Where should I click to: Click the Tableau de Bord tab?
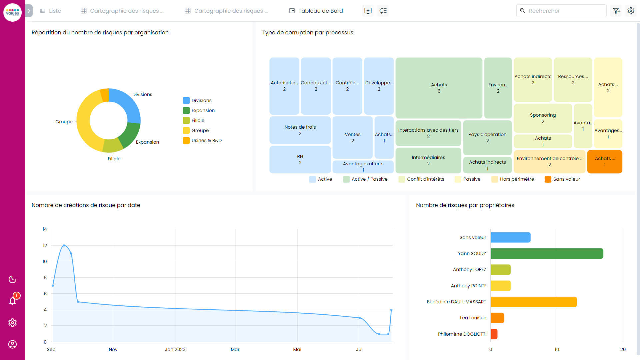[x=316, y=11]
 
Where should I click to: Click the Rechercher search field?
[x=563, y=11]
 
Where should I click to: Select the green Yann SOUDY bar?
[x=547, y=253]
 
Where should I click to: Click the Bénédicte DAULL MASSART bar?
[x=533, y=302]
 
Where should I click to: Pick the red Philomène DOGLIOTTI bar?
[x=494, y=334]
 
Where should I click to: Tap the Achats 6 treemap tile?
[x=439, y=88]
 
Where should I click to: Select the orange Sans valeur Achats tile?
[x=604, y=162]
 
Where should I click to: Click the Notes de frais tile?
[x=300, y=130]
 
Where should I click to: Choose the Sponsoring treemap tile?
[x=543, y=118]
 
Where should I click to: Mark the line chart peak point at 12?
[x=64, y=245]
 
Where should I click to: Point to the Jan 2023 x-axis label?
[x=175, y=349]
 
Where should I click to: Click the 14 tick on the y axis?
[x=45, y=229]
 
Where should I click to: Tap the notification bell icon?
[x=13, y=301]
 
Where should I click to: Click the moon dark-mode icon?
[x=13, y=279]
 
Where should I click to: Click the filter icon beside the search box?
[x=616, y=11]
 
